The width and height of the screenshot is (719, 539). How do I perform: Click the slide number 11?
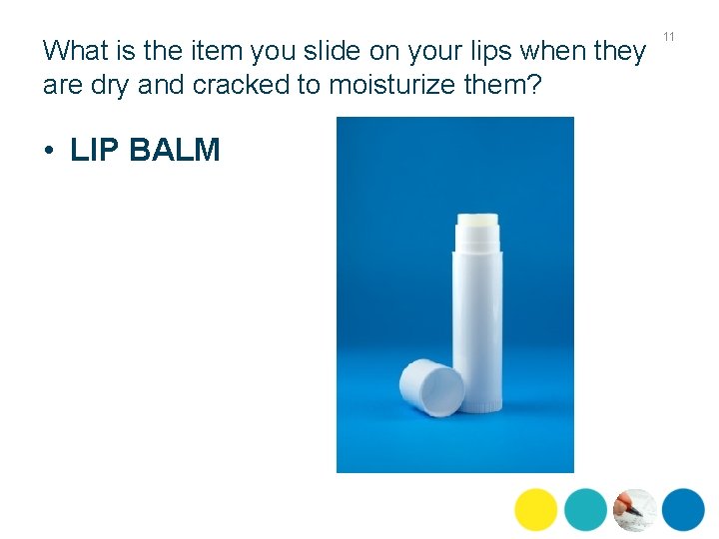coord(669,37)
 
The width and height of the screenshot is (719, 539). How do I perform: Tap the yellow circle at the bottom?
coord(536,509)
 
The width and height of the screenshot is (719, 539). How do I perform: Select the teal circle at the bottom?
coord(585,509)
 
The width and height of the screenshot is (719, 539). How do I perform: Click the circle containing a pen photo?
coord(634,509)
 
